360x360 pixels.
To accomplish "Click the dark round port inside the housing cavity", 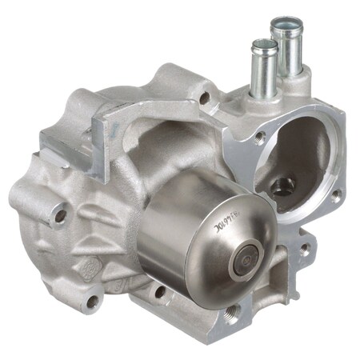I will (282, 187).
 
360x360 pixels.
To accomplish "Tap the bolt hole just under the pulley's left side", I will (161, 293).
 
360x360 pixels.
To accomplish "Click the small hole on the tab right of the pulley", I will (305, 249).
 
